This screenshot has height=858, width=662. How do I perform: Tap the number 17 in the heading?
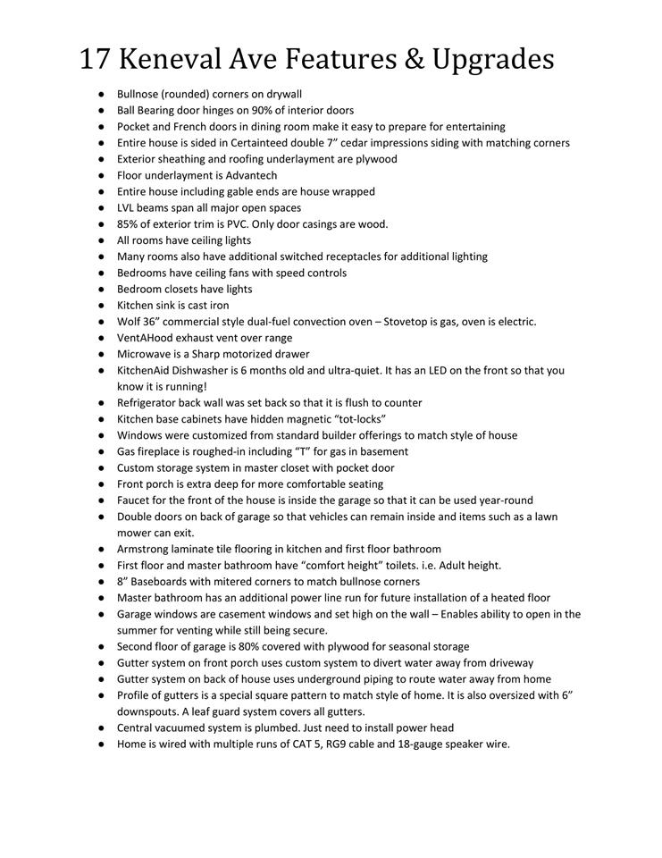click(95, 59)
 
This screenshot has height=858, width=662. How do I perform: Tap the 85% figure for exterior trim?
click(129, 223)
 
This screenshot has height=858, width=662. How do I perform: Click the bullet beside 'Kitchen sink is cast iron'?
click(103, 305)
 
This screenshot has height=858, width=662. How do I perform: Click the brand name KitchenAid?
click(146, 370)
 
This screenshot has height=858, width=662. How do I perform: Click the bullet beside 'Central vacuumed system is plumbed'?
click(103, 728)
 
